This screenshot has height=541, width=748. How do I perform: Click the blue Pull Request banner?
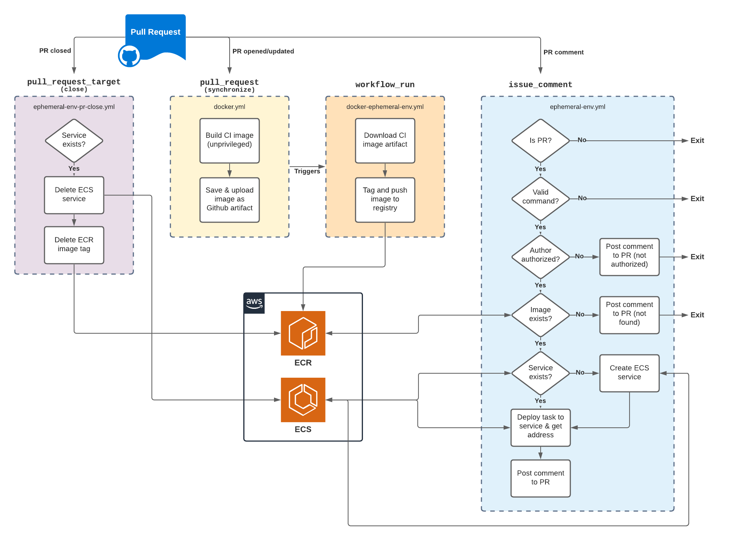tap(156, 32)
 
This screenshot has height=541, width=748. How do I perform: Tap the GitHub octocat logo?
tap(129, 56)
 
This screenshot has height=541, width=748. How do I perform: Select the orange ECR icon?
tap(303, 333)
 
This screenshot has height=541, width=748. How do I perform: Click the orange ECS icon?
tap(303, 400)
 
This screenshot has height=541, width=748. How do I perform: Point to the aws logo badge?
tap(254, 303)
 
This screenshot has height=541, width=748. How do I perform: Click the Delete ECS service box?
tap(74, 195)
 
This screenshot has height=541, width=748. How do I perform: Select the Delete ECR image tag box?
tap(74, 245)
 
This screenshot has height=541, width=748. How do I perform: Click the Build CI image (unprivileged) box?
tap(230, 140)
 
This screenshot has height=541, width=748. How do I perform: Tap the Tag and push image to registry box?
tap(385, 200)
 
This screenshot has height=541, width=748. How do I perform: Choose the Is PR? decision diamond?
tap(540, 140)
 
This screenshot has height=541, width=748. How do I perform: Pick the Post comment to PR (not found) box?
tap(629, 314)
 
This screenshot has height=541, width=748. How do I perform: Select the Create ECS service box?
tap(629, 373)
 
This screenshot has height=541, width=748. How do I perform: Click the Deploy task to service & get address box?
tap(540, 427)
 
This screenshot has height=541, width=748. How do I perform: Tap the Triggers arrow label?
tap(307, 171)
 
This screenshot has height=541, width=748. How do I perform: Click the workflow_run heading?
tap(385, 84)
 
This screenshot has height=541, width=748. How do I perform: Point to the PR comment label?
tap(563, 52)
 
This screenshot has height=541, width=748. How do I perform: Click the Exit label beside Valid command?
tap(697, 198)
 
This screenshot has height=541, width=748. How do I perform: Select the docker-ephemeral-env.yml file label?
tap(385, 107)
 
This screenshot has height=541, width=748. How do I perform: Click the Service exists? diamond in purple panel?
tap(74, 140)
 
